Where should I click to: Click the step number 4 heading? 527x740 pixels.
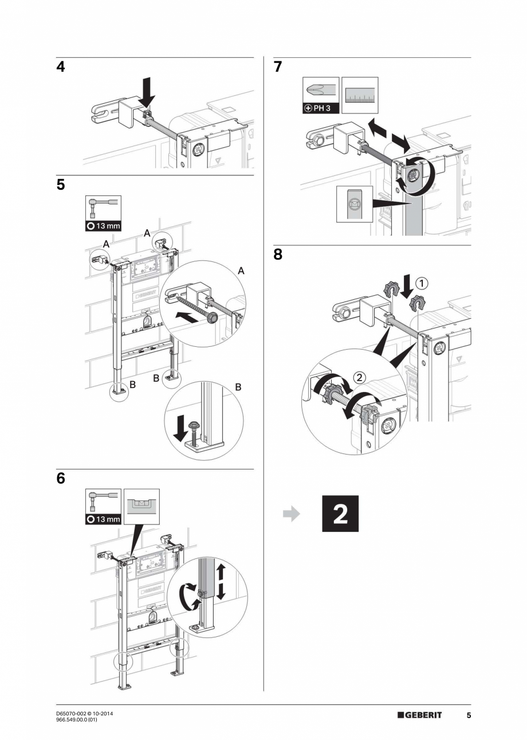[x=60, y=67]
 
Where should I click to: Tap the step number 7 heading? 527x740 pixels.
[x=278, y=67]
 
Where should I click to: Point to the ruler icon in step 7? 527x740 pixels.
[x=360, y=95]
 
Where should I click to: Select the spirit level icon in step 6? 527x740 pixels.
[x=141, y=506]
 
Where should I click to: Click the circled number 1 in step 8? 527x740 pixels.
[x=422, y=283]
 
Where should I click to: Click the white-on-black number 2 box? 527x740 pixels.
[x=340, y=514]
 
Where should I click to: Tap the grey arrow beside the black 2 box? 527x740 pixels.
[x=292, y=514]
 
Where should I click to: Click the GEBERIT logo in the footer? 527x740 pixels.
[x=420, y=715]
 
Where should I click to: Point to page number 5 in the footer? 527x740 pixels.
[x=468, y=715]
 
